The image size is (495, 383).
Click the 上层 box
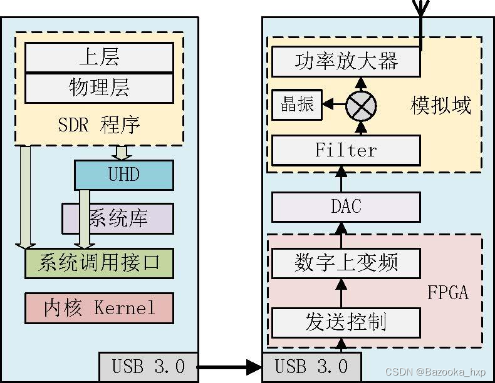point(99,58)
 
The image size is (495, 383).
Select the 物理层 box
point(99,88)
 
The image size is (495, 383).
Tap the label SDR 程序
point(99,125)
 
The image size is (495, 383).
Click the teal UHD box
point(123,175)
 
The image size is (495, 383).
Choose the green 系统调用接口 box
point(99,263)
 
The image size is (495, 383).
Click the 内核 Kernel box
point(99,307)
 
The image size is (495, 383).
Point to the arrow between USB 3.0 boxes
point(229,367)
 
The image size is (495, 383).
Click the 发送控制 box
point(345,322)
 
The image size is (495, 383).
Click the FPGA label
point(447,292)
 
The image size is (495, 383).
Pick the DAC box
point(345,207)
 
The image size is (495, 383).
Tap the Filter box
point(345,150)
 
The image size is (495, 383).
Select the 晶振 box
point(296,105)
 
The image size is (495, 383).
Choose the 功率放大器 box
point(345,62)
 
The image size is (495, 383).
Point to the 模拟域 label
point(440,105)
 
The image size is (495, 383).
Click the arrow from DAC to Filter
point(342,179)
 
